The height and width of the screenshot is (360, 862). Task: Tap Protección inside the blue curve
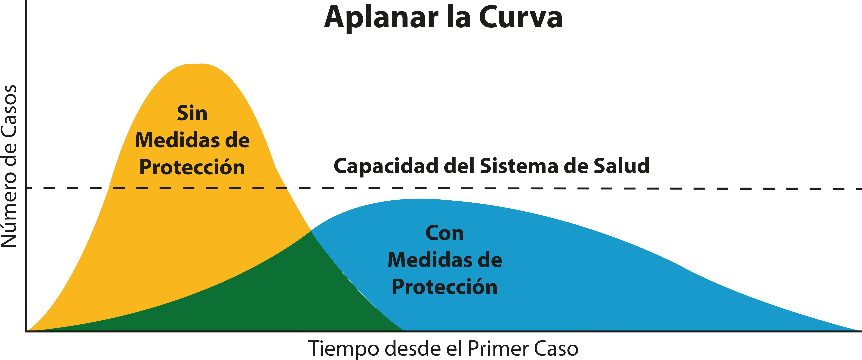444,287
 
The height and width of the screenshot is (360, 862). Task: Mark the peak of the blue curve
420,199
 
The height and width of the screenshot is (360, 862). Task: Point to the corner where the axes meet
26,331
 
